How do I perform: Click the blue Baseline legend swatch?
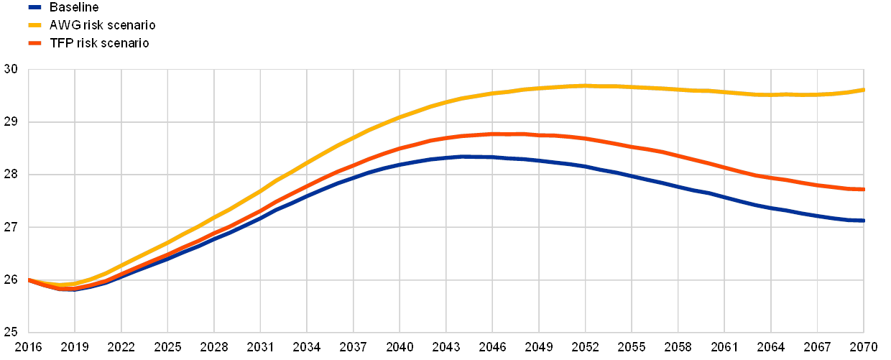34,7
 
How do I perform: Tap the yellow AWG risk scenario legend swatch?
34,25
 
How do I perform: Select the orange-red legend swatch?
34,43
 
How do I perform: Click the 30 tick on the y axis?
11,70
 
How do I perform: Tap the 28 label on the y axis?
11,175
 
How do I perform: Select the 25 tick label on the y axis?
11,332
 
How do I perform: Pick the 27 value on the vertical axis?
11,227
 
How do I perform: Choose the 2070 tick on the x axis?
864,346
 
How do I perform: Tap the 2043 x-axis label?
447,346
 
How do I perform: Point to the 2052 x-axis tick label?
586,346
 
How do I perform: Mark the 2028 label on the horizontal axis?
214,346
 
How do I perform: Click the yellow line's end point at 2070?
863,90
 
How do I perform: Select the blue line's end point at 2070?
863,221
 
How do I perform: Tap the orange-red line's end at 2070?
863,190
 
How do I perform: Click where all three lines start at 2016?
29,280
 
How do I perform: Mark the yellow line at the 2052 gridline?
586,86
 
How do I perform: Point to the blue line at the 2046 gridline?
493,157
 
